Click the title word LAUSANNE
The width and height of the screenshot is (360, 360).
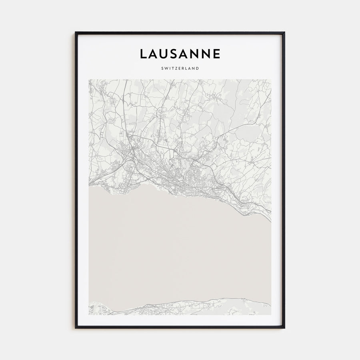tap(180, 54)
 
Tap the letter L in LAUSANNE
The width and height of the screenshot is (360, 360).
tap(143, 54)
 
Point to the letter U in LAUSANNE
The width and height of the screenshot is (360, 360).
tap(164, 54)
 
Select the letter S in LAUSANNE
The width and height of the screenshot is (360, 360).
tap(175, 54)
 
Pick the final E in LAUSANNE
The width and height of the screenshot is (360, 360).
tap(216, 54)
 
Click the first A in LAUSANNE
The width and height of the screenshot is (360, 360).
tap(153, 54)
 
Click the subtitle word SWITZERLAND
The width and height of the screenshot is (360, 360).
tap(180, 68)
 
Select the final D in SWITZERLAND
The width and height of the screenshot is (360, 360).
tap(198, 68)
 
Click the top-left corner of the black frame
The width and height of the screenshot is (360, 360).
tap(76, 32)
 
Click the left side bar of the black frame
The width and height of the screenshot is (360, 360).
tap(76, 180)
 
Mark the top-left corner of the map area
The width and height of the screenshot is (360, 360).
tap(89, 79)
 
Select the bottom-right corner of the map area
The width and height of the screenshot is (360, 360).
tap(271, 315)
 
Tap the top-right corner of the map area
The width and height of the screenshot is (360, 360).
tap(271, 79)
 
